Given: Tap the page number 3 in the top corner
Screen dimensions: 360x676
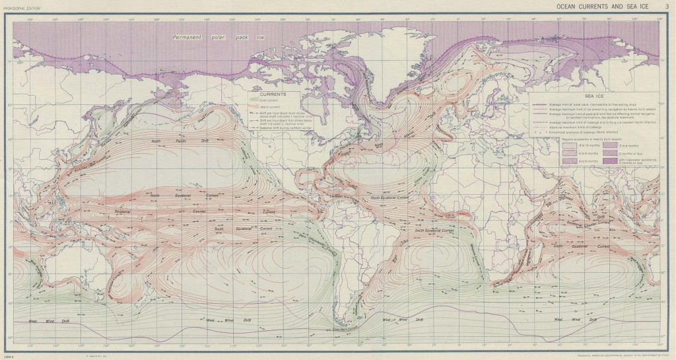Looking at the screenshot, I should pos(667,5).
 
